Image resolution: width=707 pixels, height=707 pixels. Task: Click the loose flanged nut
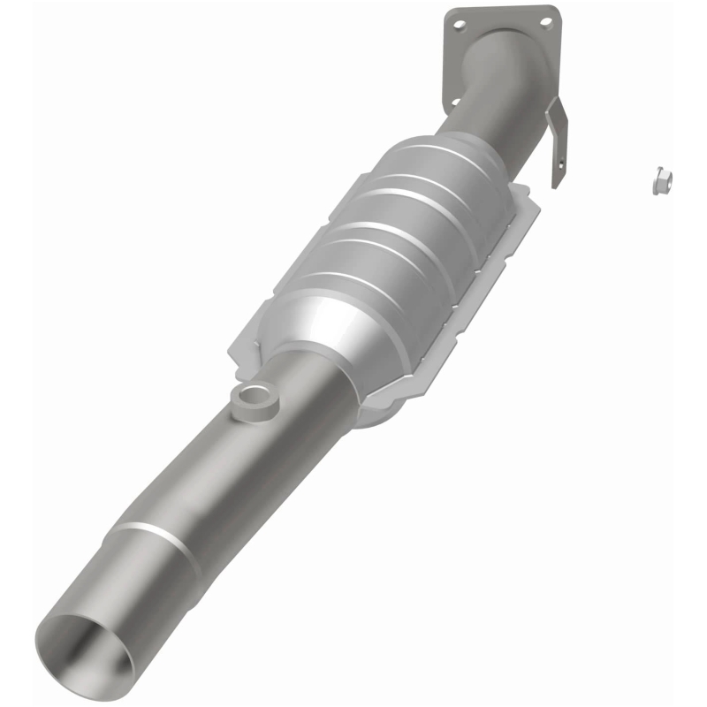click(x=662, y=181)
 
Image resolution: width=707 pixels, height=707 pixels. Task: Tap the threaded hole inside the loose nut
click(x=666, y=179)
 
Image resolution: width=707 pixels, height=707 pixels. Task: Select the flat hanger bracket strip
click(x=558, y=141)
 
